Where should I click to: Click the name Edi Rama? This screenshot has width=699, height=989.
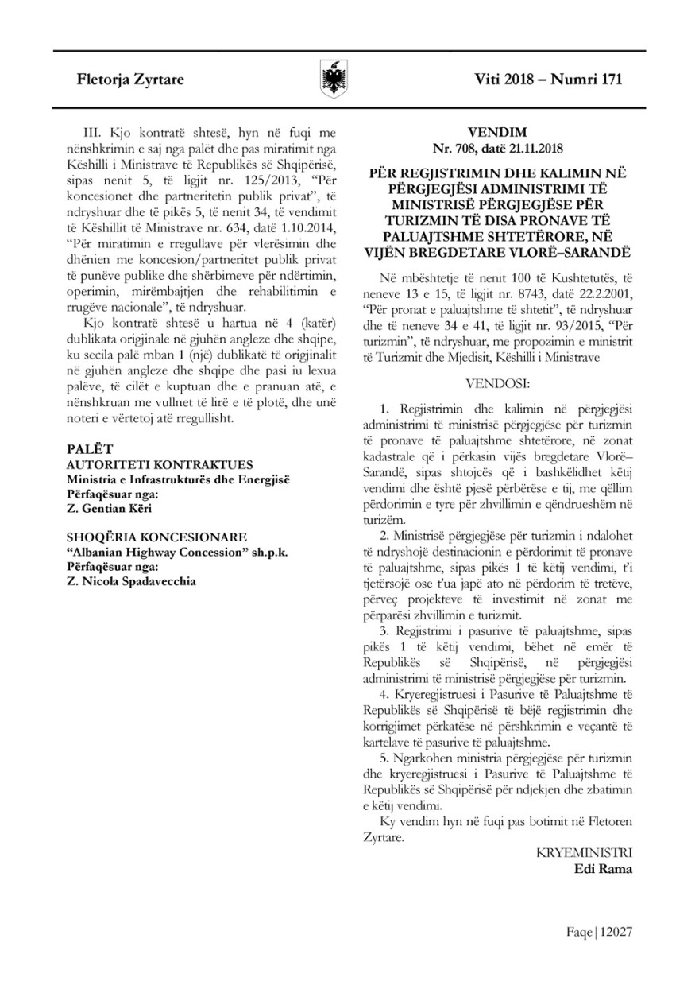tap(603, 869)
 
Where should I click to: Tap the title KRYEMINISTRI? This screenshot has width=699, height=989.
tap(585, 853)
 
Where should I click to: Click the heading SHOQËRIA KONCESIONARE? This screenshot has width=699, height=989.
tap(156, 537)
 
